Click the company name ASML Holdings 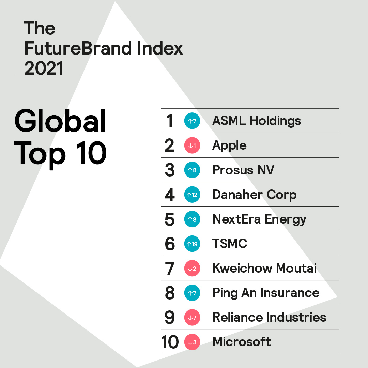click(257, 121)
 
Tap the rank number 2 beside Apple click(169, 145)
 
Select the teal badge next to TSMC click(192, 244)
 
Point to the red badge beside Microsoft click(192, 342)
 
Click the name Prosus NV click(243, 170)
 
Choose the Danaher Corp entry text click(255, 195)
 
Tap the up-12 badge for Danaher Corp click(192, 195)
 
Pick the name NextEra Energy click(259, 219)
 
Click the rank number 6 click(170, 244)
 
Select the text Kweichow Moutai click(264, 268)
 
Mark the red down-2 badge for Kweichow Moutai click(192, 268)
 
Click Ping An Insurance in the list click(266, 293)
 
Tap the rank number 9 click(170, 317)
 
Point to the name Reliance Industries click(269, 317)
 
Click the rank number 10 click(170, 342)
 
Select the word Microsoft click(242, 342)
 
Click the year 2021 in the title click(44, 68)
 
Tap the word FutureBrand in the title click(77, 48)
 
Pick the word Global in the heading click(60, 122)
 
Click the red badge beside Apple click(192, 145)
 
